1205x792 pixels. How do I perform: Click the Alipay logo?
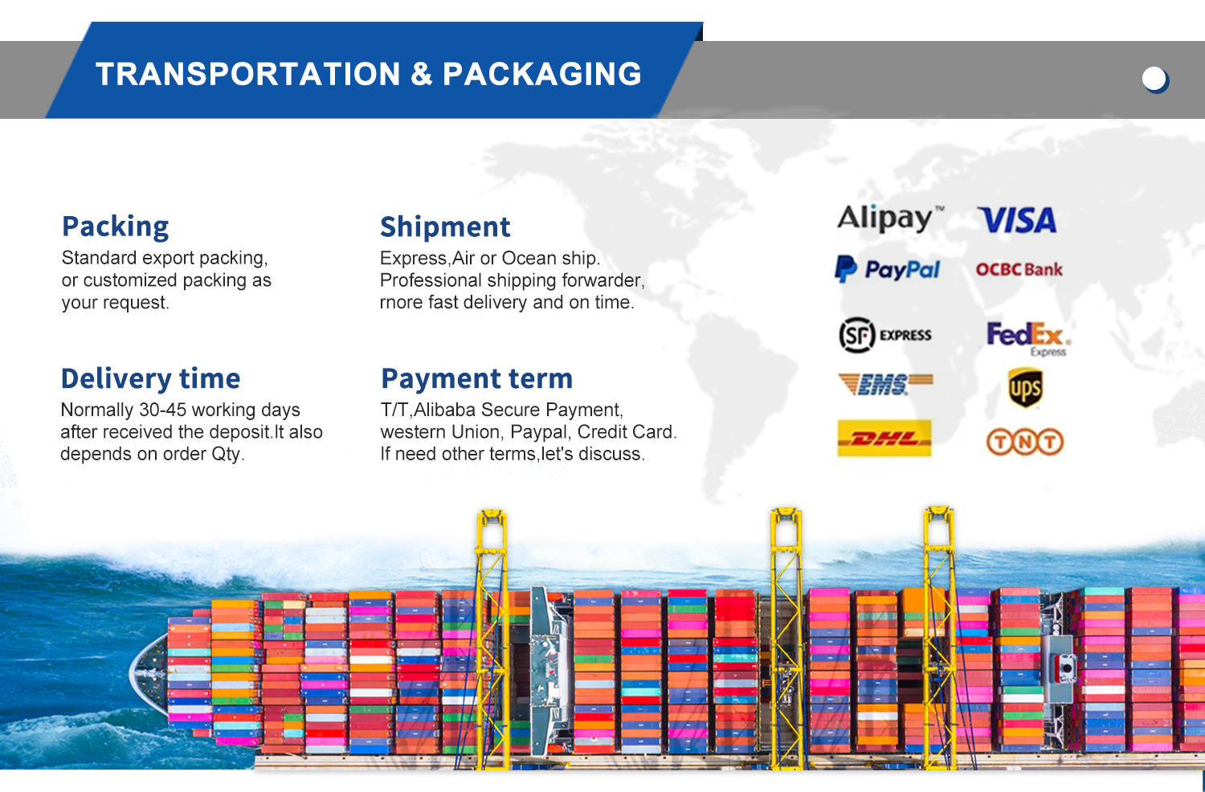890,218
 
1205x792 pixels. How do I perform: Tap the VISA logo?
1018,220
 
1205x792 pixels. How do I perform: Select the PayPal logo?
888,269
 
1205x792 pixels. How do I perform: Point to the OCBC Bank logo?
1019,269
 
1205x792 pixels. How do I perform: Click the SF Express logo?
885,335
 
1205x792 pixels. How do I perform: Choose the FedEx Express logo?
1028,339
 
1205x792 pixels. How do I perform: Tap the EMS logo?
885,384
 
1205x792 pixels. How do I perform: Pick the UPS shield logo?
1025,387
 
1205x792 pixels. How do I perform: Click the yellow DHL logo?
884,438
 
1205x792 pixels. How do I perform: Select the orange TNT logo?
1025,442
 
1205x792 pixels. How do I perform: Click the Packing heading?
115,227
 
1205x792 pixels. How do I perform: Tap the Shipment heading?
445,227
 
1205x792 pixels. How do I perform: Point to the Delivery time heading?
151,378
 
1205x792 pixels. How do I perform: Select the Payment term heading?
476,378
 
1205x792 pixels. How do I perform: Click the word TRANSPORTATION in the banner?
248,74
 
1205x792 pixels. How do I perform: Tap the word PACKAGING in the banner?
542,74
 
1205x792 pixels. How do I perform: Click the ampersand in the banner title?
421,74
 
